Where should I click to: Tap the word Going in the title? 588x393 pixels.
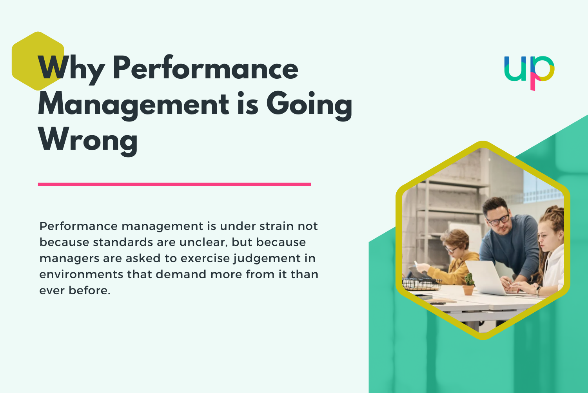click(x=309, y=105)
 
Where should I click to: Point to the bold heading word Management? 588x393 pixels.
click(x=133, y=105)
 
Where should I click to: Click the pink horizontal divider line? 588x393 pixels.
click(x=174, y=184)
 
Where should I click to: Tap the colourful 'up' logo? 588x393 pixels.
click(x=529, y=72)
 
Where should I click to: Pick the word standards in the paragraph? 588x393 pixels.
click(x=123, y=242)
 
